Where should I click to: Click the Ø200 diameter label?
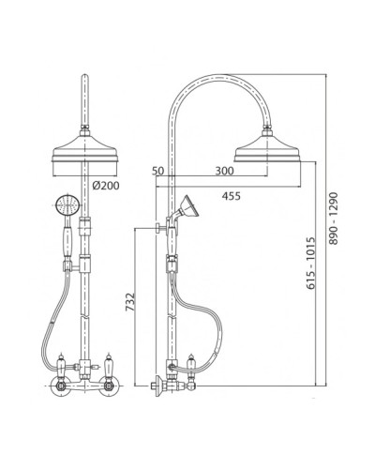[x=106, y=186]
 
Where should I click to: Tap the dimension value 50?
[x=158, y=171]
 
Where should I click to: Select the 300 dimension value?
[x=224, y=171]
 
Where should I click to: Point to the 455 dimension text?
[x=232, y=196]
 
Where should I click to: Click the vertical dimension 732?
[x=130, y=302]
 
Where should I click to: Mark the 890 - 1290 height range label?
[x=334, y=219]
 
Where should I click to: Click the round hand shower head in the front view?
[x=67, y=205]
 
